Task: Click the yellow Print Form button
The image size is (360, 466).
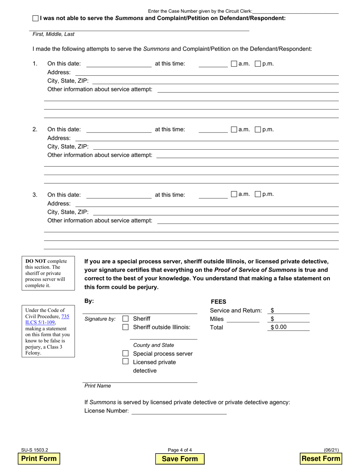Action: tap(39, 458)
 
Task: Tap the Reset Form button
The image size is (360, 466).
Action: tap(321, 458)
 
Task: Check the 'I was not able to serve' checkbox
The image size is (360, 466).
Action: tap(36, 18)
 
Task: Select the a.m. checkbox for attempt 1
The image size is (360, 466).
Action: tap(234, 64)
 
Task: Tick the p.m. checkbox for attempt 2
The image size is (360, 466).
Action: tap(258, 130)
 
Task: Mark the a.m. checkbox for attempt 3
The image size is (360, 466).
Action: tap(234, 194)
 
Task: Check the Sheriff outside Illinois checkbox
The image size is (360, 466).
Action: tap(125, 327)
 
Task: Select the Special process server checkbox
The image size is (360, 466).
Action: tap(125, 353)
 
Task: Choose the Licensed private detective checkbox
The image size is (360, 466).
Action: tap(125, 362)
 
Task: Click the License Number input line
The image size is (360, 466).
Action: tap(178, 411)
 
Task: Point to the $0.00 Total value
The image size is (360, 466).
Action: tap(280, 327)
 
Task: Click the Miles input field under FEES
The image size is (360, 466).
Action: tap(243, 319)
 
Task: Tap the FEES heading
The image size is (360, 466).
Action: tap(218, 302)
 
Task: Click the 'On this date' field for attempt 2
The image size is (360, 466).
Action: tap(119, 130)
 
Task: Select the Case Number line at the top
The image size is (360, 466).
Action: tap(295, 11)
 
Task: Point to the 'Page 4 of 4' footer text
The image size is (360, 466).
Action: tap(180, 450)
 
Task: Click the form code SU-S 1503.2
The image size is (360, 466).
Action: tap(34, 450)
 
